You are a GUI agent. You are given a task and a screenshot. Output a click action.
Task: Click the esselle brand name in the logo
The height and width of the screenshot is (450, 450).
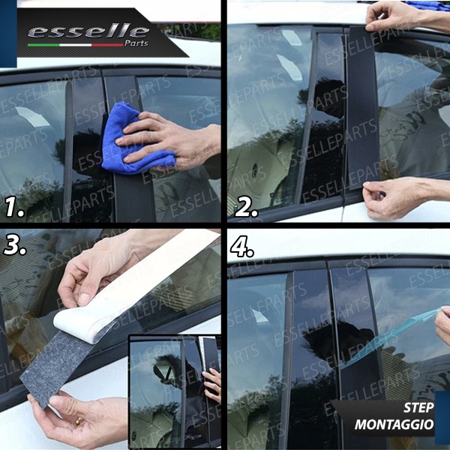(x=88, y=31)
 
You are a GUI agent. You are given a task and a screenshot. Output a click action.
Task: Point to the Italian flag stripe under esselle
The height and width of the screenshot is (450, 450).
(x=75, y=44)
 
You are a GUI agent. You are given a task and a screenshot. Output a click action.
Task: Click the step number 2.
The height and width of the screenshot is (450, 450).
(x=247, y=205)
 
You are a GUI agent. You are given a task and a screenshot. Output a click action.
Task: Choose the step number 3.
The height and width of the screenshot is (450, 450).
(x=14, y=244)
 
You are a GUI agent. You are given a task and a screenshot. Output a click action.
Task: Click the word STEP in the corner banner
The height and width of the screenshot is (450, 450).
(x=418, y=408)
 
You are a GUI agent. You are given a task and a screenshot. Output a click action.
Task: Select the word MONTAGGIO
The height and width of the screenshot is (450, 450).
(x=394, y=424)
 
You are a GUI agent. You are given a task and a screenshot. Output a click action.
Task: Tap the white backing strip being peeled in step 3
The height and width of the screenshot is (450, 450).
(x=150, y=277)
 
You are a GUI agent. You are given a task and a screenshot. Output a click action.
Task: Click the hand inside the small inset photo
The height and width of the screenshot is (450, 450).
(x=213, y=382)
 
